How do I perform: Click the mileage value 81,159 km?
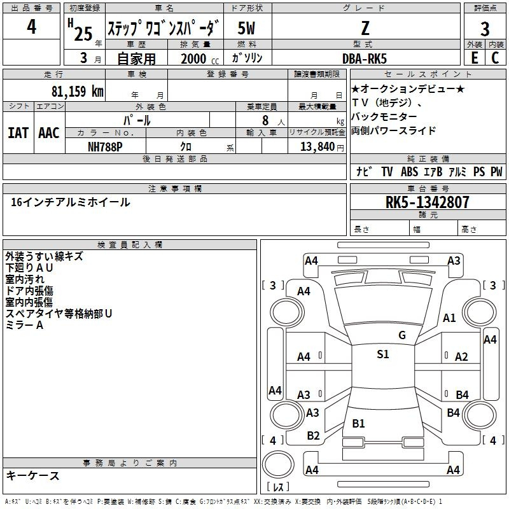pyautogui.click(x=77, y=90)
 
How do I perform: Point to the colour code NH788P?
pyautogui.click(x=105, y=146)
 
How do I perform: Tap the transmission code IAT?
pyautogui.click(x=18, y=133)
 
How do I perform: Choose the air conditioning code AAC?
pyautogui.click(x=48, y=133)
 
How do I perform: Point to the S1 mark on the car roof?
pyautogui.click(x=382, y=354)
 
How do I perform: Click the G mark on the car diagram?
pyautogui.click(x=401, y=335)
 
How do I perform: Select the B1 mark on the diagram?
pyautogui.click(x=359, y=423)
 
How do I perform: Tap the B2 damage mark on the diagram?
pyautogui.click(x=313, y=435)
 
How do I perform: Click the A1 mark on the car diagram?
pyautogui.click(x=450, y=318)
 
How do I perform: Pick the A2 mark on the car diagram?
pyautogui.click(x=461, y=357)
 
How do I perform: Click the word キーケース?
pyautogui.click(x=32, y=476)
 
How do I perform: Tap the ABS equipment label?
pyautogui.click(x=409, y=172)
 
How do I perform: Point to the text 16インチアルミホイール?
pyautogui.click(x=71, y=202)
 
